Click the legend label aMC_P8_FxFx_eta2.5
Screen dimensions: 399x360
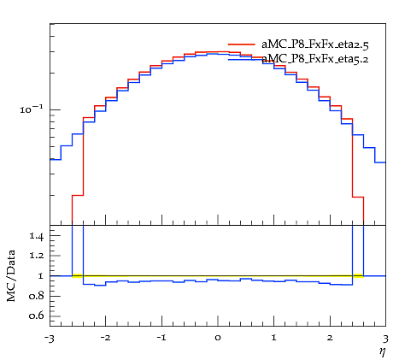tap(315, 44)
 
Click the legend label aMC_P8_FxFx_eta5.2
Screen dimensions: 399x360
tap(315, 59)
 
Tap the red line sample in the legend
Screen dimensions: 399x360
tap(242, 44)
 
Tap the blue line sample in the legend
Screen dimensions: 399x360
tap(242, 59)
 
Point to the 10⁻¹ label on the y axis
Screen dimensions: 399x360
tap(31, 109)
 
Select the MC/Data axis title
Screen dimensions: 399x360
tap(11, 275)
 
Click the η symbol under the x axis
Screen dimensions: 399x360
tap(382, 351)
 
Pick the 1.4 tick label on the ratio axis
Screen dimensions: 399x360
tap(37, 236)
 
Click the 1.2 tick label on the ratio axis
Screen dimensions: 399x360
tap(37, 256)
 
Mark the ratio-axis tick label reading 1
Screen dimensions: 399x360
tap(40, 276)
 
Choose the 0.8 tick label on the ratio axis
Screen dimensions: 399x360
tap(37, 296)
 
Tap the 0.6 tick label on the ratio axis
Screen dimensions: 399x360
tap(37, 316)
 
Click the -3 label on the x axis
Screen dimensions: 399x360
tap(50, 339)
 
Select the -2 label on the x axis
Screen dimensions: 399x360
tap(105, 338)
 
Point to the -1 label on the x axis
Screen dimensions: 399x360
tap(161, 338)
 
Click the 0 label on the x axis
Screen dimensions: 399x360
tap(218, 339)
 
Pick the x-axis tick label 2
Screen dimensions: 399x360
tap(330, 338)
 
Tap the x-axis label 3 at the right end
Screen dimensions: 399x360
tap(385, 339)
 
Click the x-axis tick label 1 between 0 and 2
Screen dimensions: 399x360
tap(273, 338)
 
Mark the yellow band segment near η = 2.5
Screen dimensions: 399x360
tap(358, 275)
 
